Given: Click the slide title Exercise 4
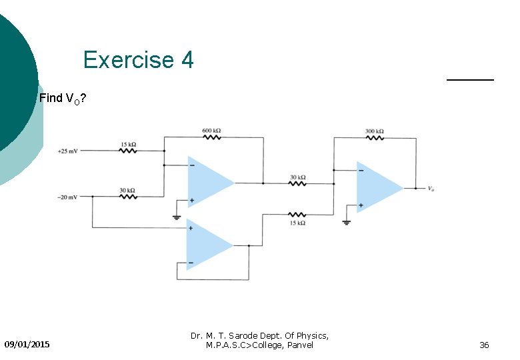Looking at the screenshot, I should pos(138,60).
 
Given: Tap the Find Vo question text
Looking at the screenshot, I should pos(62,99).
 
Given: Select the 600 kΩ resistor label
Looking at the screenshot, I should pos(211,130).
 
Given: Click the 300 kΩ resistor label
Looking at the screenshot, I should pos(374,131).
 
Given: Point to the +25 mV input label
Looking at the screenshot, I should pos(67,151).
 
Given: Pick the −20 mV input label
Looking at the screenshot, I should pos(67,197).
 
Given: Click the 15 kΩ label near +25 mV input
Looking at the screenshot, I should pos(129,144).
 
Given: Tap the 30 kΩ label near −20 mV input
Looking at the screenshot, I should pos(127,190).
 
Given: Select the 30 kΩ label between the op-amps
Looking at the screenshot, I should pos(297,177).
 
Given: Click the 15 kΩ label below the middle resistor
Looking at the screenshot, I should pos(298,223).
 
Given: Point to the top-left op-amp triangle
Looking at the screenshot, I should pos(208,181).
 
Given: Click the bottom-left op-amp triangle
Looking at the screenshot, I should pos(207,246).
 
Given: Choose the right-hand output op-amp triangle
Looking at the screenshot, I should pos(377,187).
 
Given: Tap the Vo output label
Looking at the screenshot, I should pos(431,189).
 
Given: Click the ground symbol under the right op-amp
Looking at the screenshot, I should pos(346,221).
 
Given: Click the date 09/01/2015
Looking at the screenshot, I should pos(27,345).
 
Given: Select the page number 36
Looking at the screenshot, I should pos(484,345).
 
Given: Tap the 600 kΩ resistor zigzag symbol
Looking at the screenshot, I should pos(212,138).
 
